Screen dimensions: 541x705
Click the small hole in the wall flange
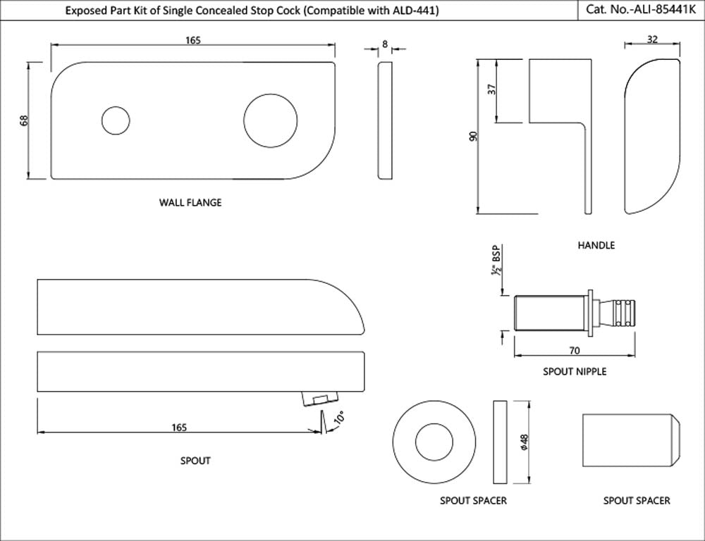116,120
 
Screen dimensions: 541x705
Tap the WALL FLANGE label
190,203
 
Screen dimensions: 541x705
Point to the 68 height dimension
24,120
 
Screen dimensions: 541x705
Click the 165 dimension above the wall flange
193,41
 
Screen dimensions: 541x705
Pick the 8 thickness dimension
384,44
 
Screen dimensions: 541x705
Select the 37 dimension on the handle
492,90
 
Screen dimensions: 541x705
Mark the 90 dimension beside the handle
473,137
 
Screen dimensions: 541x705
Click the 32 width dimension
652,40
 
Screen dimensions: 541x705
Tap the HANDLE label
596,246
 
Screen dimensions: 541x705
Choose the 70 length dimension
575,349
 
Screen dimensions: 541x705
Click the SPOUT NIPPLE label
574,371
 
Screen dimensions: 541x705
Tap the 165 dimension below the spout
179,428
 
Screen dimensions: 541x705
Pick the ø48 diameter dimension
524,442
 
